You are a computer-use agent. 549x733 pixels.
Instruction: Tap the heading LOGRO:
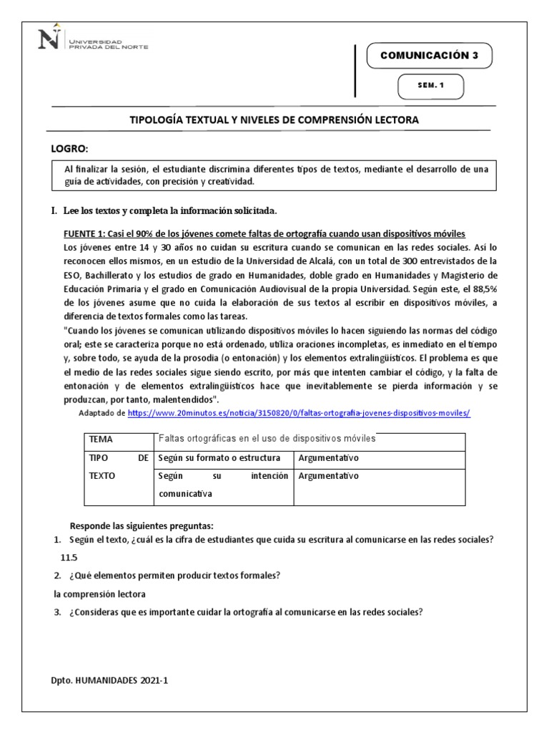click(69, 148)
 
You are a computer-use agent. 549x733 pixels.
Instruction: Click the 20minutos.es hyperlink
click(299, 414)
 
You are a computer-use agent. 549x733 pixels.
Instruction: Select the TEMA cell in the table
click(102, 440)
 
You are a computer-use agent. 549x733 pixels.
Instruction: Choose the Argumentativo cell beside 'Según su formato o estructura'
click(328, 457)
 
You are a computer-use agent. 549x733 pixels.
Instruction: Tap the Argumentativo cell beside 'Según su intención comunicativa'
click(328, 476)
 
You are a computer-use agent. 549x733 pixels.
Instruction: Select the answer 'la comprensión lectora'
click(99, 593)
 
